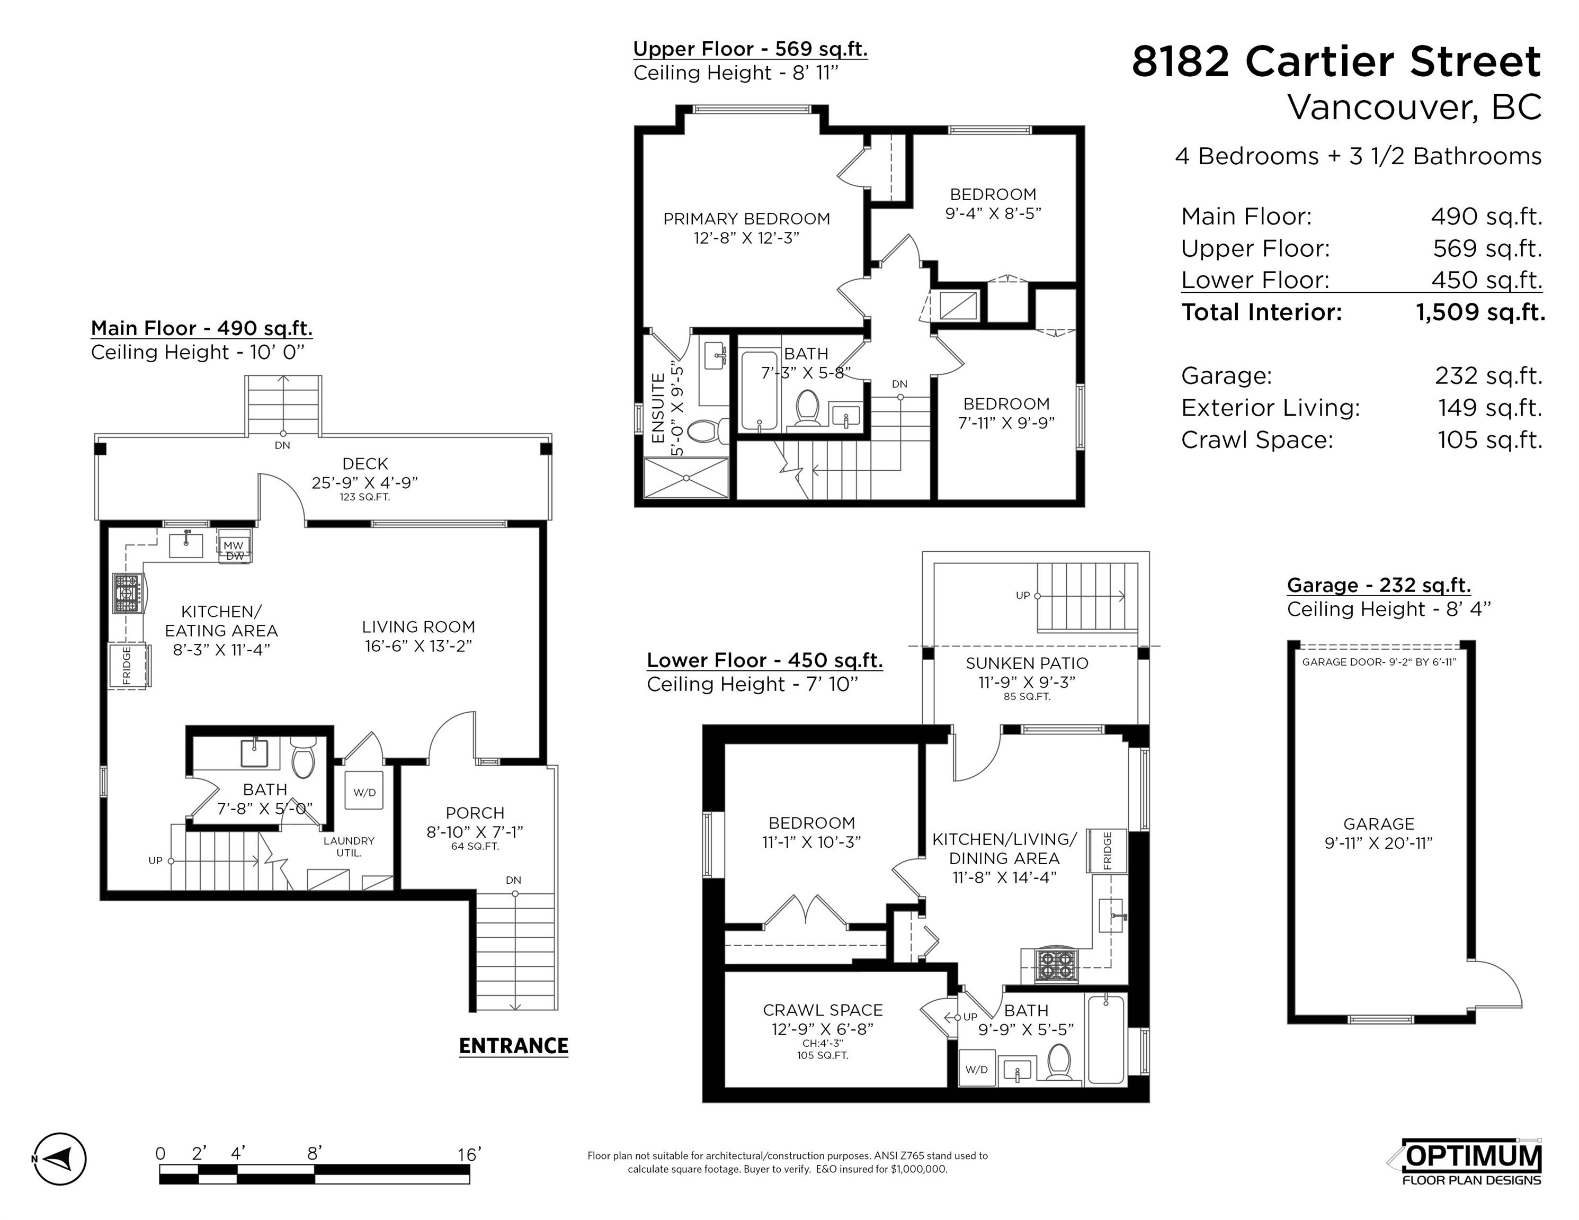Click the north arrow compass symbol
tap(59, 1159)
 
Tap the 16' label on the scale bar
tap(468, 1154)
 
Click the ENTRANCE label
tap(513, 1046)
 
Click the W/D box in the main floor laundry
tap(364, 792)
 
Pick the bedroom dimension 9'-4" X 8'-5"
tap(993, 213)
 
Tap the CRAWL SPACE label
tap(822, 1010)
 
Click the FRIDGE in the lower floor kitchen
tap(1108, 851)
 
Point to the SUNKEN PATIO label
tap(1026, 663)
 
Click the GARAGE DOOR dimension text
tap(1379, 662)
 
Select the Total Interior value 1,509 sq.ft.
tap(1479, 312)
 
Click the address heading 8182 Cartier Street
tap(1335, 61)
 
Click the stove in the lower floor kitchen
tap(1056, 964)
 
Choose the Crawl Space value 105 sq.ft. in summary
tap(1489, 439)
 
